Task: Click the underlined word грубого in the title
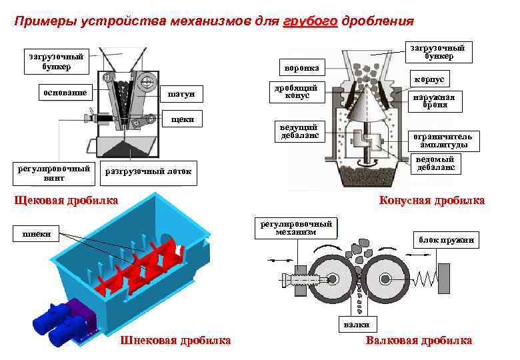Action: [310, 21]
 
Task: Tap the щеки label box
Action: [182, 120]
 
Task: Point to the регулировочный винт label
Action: [55, 173]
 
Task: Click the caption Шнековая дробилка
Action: [175, 341]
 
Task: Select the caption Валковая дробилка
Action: [419, 341]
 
